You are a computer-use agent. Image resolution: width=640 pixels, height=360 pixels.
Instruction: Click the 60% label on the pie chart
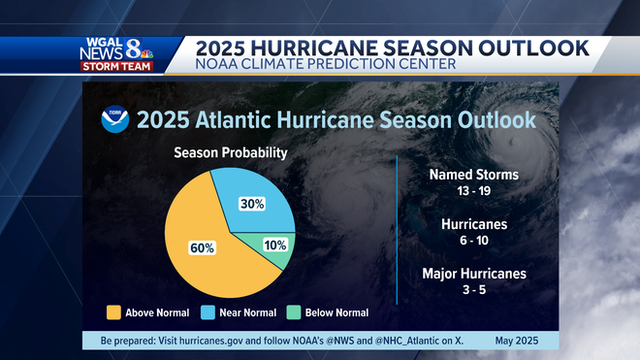[202, 247]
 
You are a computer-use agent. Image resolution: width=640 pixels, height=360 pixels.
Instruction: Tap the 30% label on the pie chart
[252, 204]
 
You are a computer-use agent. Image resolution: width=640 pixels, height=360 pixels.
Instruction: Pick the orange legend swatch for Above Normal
[113, 312]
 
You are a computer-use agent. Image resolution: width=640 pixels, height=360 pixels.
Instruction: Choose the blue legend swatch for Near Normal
[207, 312]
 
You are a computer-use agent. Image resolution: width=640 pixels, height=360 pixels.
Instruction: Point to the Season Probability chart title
[230, 153]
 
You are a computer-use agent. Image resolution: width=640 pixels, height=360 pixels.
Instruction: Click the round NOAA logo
[114, 119]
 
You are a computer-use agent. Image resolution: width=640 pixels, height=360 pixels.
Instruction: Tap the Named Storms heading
[474, 175]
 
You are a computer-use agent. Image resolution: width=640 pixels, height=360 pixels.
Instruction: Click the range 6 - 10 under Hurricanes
[474, 241]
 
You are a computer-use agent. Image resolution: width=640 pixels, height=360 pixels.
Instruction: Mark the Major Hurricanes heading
[474, 274]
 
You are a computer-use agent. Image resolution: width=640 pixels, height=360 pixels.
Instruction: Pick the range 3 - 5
[474, 290]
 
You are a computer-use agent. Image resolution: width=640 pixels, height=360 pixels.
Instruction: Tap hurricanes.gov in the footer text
[201, 341]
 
